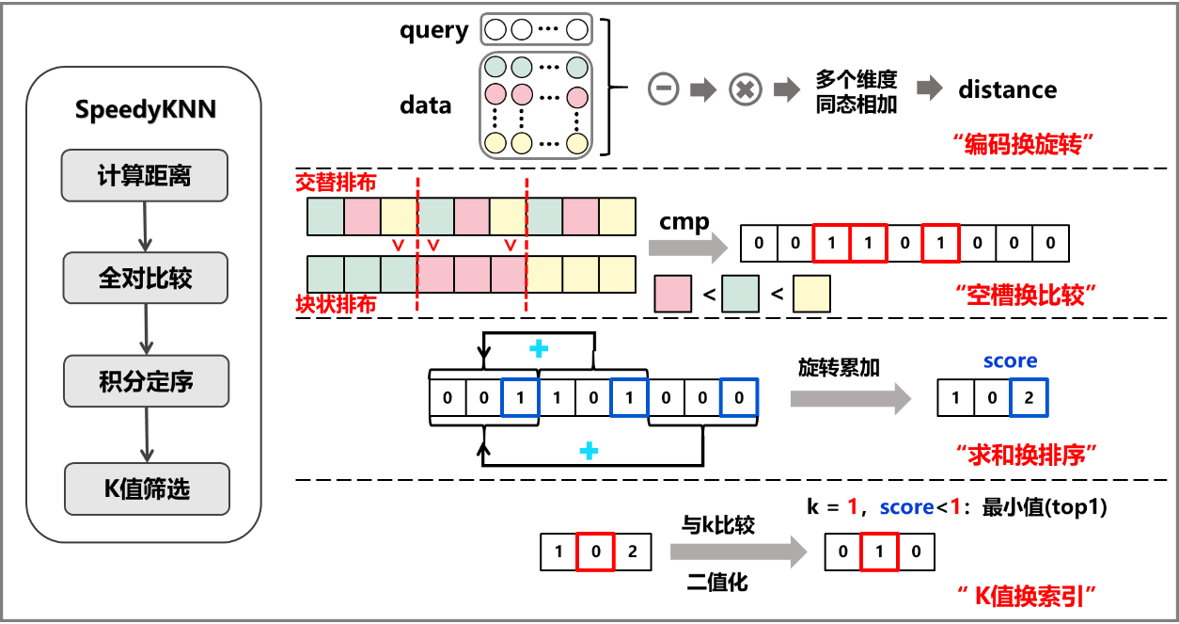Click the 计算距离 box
point(144,175)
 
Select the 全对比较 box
point(145,278)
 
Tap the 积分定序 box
point(146,381)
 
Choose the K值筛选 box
point(147,488)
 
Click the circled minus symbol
point(663,89)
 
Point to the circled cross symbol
point(746,89)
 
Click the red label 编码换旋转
point(1026,145)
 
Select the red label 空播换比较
point(1026,296)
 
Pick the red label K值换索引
point(1027,595)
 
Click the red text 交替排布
point(335,182)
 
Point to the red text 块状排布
point(335,305)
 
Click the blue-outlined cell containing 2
point(1029,398)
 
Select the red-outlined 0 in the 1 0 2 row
point(596,552)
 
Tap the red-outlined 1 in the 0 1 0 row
point(879,552)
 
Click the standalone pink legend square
point(672,294)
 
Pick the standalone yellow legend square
point(811,294)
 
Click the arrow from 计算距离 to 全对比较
point(145,227)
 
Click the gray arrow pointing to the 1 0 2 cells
point(850,398)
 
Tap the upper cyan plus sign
point(539,349)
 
